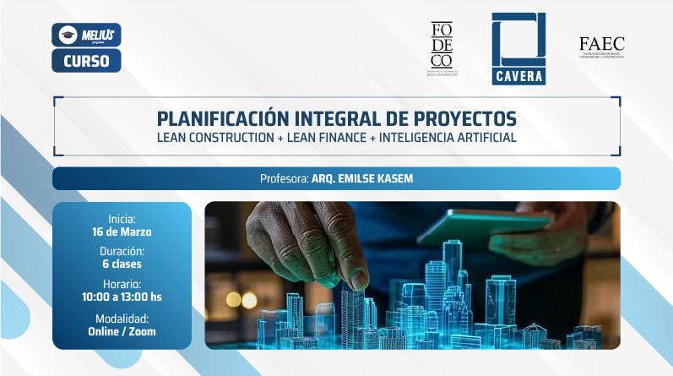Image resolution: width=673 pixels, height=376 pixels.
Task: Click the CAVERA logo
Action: coord(518,48)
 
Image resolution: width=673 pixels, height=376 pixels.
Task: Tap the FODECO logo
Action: coord(441,48)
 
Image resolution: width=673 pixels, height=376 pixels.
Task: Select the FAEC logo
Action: coord(602,46)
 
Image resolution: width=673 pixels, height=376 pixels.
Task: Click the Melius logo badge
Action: coord(86,35)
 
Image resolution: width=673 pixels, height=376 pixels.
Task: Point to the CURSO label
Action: coord(86,60)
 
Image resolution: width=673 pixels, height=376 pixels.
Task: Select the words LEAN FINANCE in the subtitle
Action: coord(328,137)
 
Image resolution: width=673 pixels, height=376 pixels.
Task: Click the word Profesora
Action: coord(284,179)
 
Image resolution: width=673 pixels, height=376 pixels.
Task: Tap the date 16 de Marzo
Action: coord(122,232)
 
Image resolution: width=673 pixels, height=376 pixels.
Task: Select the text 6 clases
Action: coord(122,264)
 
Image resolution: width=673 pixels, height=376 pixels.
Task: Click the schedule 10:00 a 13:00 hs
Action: coord(122,297)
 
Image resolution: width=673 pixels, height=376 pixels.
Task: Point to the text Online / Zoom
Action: coord(122,331)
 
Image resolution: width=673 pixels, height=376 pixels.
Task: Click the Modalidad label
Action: coord(122,318)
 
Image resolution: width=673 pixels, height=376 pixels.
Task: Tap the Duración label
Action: coord(122,251)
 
